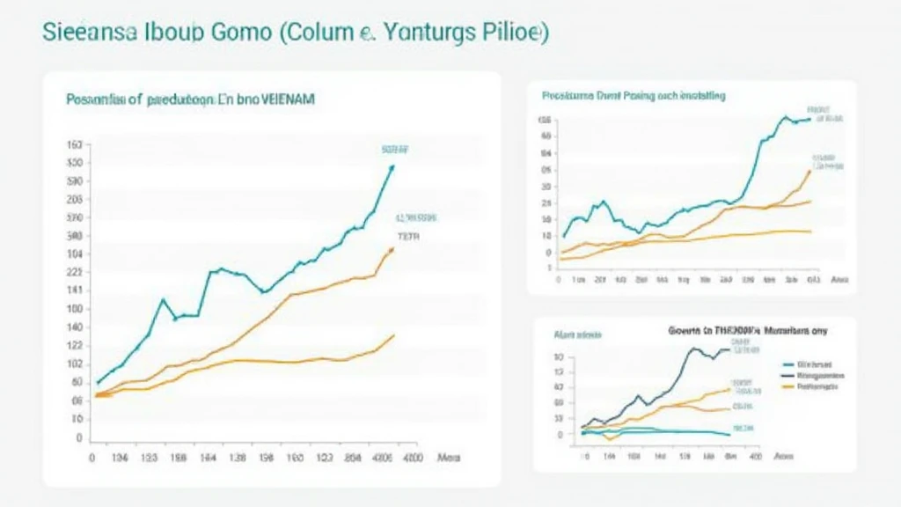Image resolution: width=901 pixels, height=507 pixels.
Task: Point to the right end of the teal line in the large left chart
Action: (x=392, y=166)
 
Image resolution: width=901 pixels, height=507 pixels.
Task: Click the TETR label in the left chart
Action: (x=408, y=237)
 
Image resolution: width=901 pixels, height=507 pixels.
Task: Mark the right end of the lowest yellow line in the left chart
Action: (x=393, y=334)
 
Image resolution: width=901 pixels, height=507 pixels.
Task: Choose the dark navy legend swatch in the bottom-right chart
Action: (x=787, y=374)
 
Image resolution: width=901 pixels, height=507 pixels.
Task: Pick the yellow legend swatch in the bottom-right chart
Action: (x=787, y=386)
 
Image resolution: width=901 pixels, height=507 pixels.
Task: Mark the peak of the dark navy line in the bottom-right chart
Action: (x=692, y=349)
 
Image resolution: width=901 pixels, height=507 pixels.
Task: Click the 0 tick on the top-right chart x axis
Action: (x=560, y=280)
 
